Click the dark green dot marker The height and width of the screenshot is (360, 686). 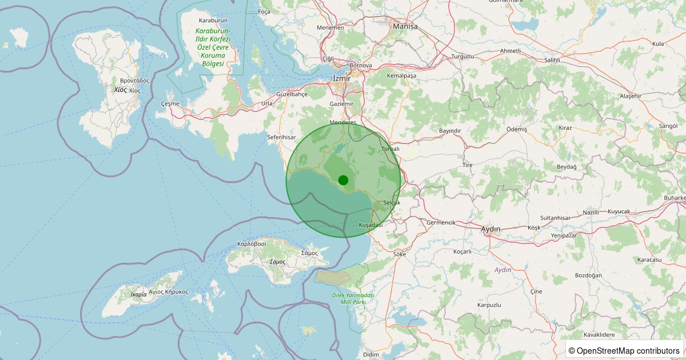(x=343, y=180)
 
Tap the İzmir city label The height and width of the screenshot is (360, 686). (x=342, y=79)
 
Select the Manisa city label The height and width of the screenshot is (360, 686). (x=405, y=26)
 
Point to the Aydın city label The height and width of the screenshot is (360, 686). (x=490, y=229)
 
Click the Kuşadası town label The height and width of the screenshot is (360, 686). (x=370, y=225)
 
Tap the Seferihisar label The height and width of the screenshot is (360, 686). (x=281, y=138)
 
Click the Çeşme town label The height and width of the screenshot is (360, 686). (x=170, y=103)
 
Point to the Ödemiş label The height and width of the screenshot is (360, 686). (x=517, y=129)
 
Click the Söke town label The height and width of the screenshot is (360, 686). (x=399, y=254)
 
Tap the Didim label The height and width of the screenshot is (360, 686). (x=370, y=355)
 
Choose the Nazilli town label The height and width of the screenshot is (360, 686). (x=591, y=212)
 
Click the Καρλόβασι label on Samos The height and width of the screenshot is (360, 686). (x=252, y=243)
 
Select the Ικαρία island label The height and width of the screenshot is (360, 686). (x=138, y=295)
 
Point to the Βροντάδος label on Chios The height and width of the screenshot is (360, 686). (x=134, y=81)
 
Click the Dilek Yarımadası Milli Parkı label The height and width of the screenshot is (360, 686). (x=353, y=298)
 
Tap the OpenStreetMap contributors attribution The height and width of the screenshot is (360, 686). (x=624, y=350)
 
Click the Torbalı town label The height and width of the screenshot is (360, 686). (x=390, y=149)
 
